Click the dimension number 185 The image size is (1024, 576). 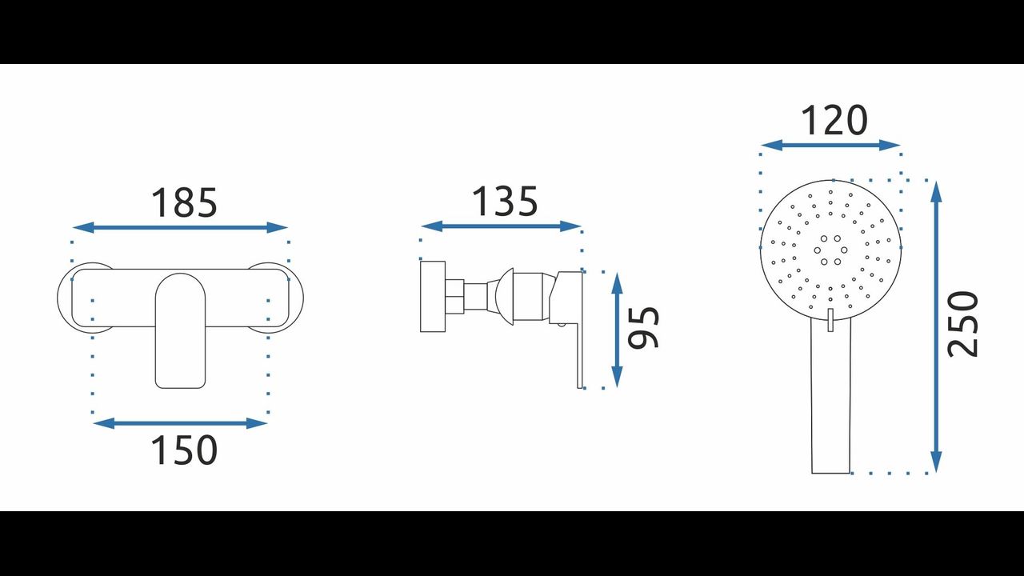[184, 202]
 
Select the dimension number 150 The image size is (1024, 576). [184, 450]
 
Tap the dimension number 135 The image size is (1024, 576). [505, 201]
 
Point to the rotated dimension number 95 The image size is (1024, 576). [644, 327]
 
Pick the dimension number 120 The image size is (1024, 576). [834, 120]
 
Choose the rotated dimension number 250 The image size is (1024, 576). [962, 324]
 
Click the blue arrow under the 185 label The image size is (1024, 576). [180, 227]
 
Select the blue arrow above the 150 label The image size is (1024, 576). [180, 423]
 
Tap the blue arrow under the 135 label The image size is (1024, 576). [501, 226]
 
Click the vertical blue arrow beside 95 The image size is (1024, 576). [617, 330]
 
